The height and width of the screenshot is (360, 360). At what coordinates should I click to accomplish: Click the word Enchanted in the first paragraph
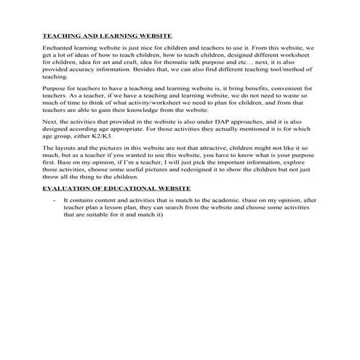[x=56, y=46]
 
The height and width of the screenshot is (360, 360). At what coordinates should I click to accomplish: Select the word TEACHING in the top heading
[x=58, y=34]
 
